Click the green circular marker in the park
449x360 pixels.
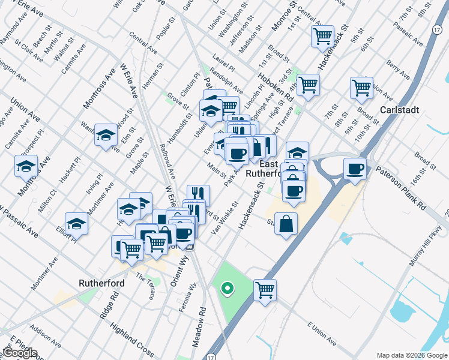click(227, 289)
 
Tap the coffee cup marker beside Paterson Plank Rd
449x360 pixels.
click(355, 168)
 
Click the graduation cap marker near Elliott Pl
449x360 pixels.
click(77, 224)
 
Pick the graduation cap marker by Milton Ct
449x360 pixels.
click(26, 166)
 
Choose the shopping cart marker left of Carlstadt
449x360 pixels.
click(361, 87)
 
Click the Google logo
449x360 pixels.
click(20, 352)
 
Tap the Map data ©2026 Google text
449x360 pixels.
click(412, 355)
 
